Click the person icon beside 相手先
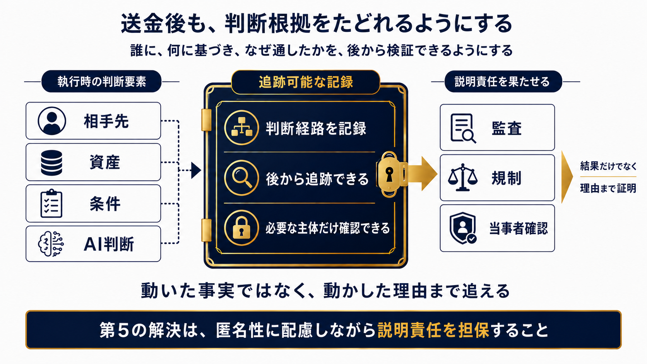tap(52, 121)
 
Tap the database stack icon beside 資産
tap(51, 163)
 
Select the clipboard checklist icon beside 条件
tap(51, 203)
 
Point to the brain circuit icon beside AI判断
tap(51, 244)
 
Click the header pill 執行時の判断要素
tap(101, 81)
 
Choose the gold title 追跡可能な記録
tap(306, 82)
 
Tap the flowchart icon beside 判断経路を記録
tap(241, 127)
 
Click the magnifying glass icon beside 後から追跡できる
tap(241, 178)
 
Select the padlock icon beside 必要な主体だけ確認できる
tap(241, 228)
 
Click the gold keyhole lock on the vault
tap(389, 174)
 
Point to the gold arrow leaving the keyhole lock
tap(422, 173)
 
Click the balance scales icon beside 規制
tap(463, 178)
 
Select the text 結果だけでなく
tap(608, 166)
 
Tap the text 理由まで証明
tap(608, 188)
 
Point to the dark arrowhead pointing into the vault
tap(196, 170)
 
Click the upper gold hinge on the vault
tap(206, 120)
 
